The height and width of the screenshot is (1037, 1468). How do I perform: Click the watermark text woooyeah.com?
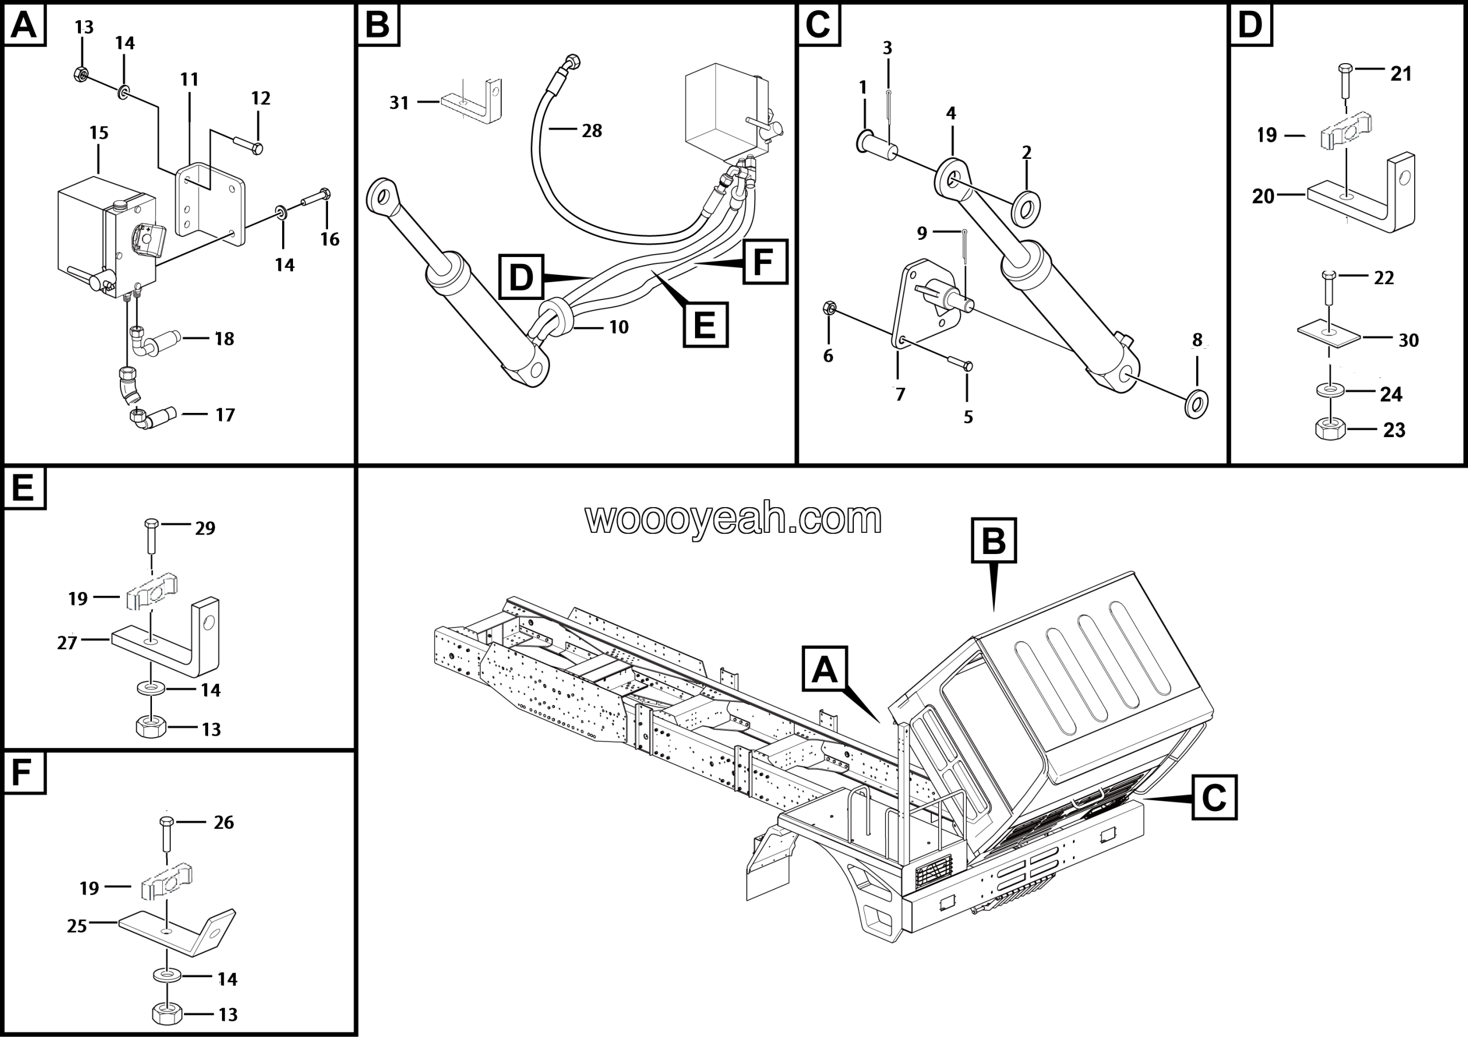(733, 518)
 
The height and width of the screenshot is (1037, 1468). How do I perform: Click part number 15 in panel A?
(99, 133)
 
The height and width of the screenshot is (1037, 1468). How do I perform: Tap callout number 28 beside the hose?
(591, 131)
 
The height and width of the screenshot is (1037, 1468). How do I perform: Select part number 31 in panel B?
(399, 102)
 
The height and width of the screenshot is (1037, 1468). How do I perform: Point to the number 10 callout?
(618, 328)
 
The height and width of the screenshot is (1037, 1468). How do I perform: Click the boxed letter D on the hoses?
(521, 277)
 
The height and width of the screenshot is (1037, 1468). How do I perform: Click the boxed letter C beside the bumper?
(1214, 797)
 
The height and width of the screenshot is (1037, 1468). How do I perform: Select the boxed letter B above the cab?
(994, 540)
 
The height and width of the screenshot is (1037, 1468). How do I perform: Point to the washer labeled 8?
(1196, 403)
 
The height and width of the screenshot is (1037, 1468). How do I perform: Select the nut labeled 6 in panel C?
(829, 308)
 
